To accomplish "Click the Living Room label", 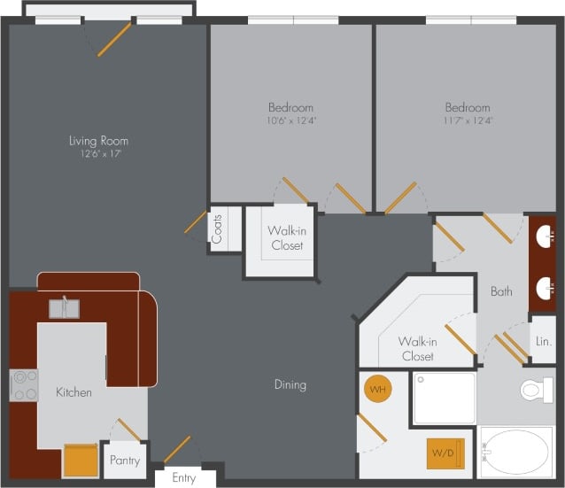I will tap(98, 140).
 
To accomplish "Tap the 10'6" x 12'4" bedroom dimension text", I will tap(291, 120).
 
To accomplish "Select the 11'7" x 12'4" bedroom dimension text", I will tap(468, 120).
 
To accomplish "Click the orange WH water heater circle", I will tap(377, 390).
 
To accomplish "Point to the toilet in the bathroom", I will tap(536, 389).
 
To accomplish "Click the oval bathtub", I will tap(515, 453).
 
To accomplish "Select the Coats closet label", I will tap(217, 229).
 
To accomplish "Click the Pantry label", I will tap(124, 461).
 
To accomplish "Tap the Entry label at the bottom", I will tap(183, 478).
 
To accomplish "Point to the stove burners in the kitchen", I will tap(24, 384).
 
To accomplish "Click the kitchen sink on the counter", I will tap(64, 308).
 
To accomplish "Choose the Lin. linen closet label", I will tap(543, 341).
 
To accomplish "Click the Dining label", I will tap(290, 384).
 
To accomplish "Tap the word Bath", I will tap(501, 290).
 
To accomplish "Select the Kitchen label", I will tap(74, 392).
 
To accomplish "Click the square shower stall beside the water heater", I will tap(445, 398).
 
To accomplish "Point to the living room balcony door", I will tap(113, 38).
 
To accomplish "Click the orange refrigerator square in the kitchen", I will tap(80, 460).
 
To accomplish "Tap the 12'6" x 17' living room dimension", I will tap(98, 153).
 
